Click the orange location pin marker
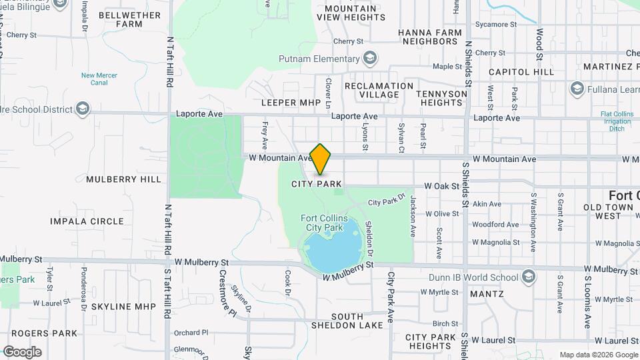[321, 159]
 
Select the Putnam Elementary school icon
[370, 59]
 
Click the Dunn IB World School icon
[528, 277]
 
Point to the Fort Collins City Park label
[321, 223]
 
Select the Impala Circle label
[87, 221]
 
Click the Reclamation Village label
[379, 90]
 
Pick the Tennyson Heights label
[441, 98]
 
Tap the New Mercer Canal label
[99, 80]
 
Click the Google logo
[22, 352]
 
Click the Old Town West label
[608, 211]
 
